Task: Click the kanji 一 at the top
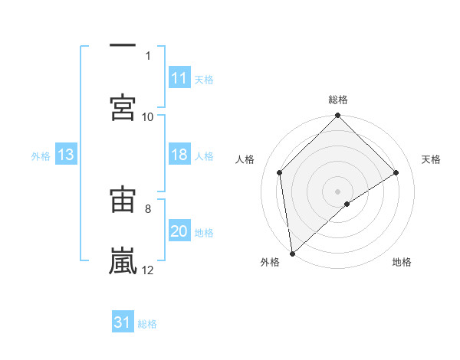(x=123, y=46)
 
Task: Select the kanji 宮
(x=123, y=106)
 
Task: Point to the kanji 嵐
(x=123, y=260)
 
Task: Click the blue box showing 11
(x=179, y=78)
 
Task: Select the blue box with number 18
(x=179, y=155)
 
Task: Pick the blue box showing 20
(x=179, y=232)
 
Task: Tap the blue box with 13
(x=66, y=155)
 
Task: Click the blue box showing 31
(x=123, y=323)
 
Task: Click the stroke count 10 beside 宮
(x=148, y=116)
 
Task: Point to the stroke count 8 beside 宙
(x=148, y=208)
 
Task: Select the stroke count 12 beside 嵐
(x=148, y=270)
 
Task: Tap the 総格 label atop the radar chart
(x=338, y=100)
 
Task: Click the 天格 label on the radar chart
(x=432, y=159)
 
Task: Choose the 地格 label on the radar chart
(x=402, y=263)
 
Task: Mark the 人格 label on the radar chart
(x=245, y=159)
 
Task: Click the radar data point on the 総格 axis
(x=338, y=116)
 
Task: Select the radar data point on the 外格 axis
(x=292, y=254)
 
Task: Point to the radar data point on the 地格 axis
(x=347, y=204)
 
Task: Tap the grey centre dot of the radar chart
(x=338, y=191)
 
